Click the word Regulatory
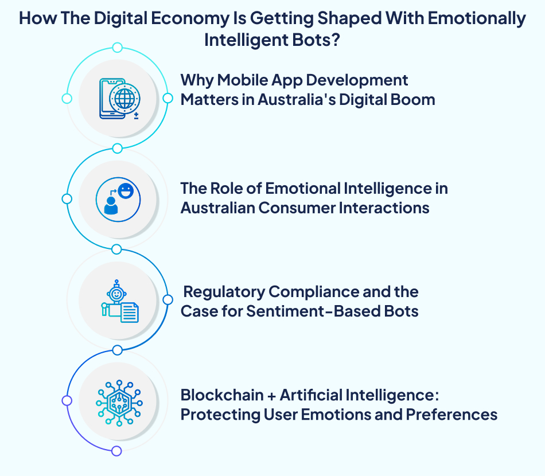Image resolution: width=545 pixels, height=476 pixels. pyautogui.click(x=224, y=292)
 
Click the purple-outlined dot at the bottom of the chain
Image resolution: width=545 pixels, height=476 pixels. pyautogui.click(x=117, y=451)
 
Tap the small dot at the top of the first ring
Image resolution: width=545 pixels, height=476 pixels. pyautogui.click(x=117, y=47)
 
